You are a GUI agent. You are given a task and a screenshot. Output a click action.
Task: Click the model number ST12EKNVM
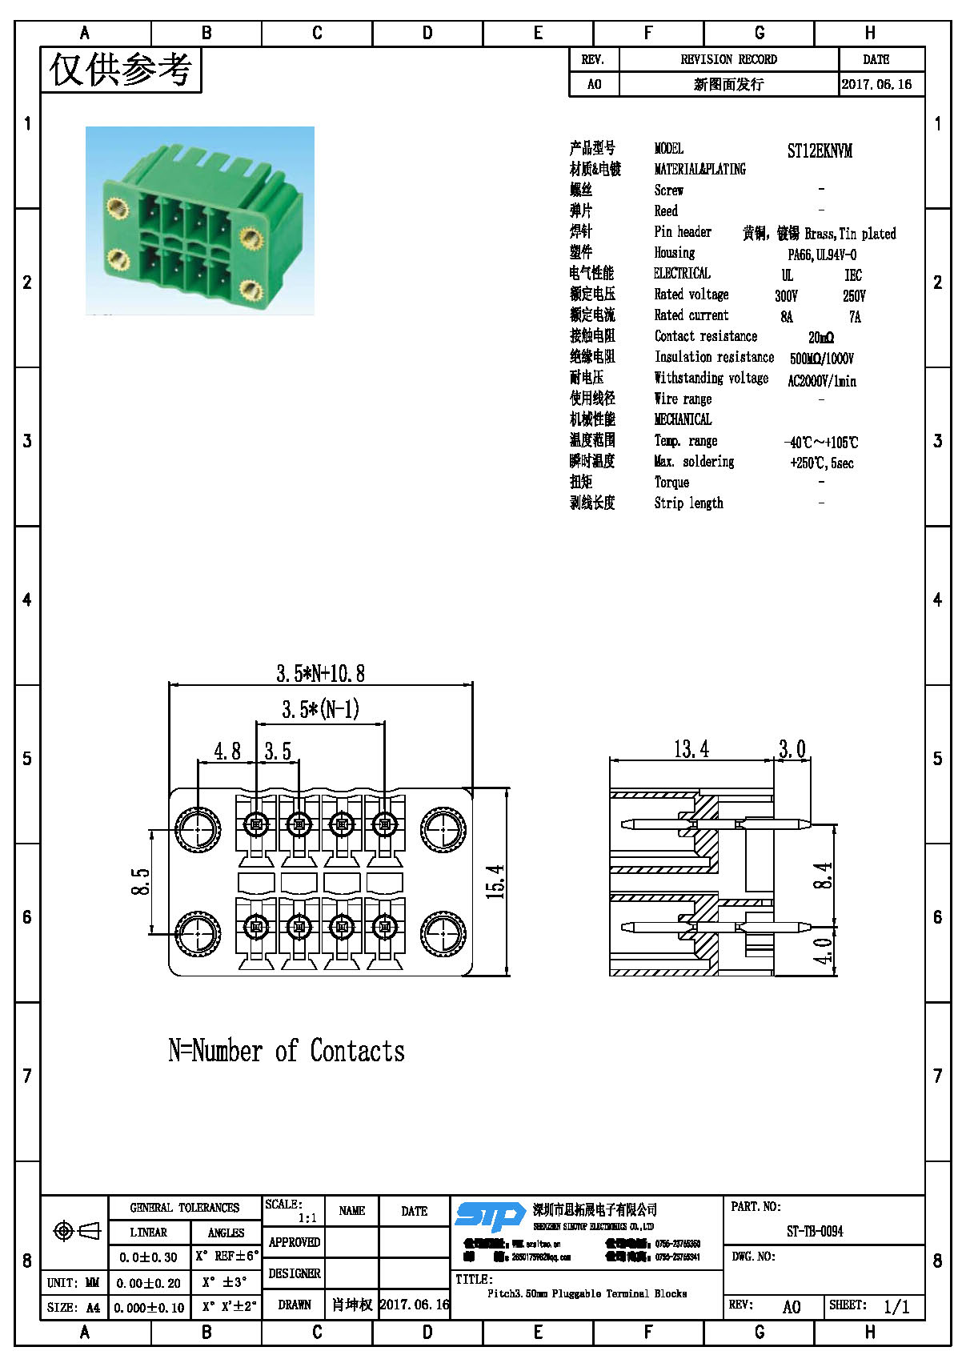pyautogui.click(x=820, y=150)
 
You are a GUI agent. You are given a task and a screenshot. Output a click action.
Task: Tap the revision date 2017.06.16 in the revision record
pyautogui.click(x=876, y=84)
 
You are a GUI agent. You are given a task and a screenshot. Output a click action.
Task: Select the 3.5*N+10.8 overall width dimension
pyautogui.click(x=320, y=673)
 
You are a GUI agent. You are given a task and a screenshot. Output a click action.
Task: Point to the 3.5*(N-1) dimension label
pyautogui.click(x=320, y=709)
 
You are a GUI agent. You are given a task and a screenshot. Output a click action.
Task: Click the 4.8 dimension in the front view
pyautogui.click(x=227, y=751)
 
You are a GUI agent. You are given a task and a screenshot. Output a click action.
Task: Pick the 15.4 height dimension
pyautogui.click(x=496, y=881)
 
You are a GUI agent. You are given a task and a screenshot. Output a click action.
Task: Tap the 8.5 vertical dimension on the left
pyautogui.click(x=141, y=882)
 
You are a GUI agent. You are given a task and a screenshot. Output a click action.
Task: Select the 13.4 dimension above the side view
pyautogui.click(x=691, y=749)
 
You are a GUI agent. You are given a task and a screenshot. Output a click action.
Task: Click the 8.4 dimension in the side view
pyautogui.click(x=823, y=876)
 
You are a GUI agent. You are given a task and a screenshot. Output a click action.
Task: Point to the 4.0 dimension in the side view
pyautogui.click(x=823, y=951)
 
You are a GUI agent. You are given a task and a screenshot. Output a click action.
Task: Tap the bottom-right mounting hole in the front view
pyautogui.click(x=443, y=933)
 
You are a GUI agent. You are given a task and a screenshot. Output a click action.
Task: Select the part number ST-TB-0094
pyautogui.click(x=815, y=1231)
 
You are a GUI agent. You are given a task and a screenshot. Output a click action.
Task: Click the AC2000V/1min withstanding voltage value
pyautogui.click(x=822, y=381)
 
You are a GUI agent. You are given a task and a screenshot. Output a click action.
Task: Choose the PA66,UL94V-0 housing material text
pyautogui.click(x=822, y=255)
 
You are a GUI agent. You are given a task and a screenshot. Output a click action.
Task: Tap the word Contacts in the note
pyautogui.click(x=357, y=1050)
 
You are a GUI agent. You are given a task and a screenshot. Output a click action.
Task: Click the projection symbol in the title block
pyautogui.click(x=76, y=1230)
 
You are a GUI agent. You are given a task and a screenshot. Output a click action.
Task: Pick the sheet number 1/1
pyautogui.click(x=896, y=1306)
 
